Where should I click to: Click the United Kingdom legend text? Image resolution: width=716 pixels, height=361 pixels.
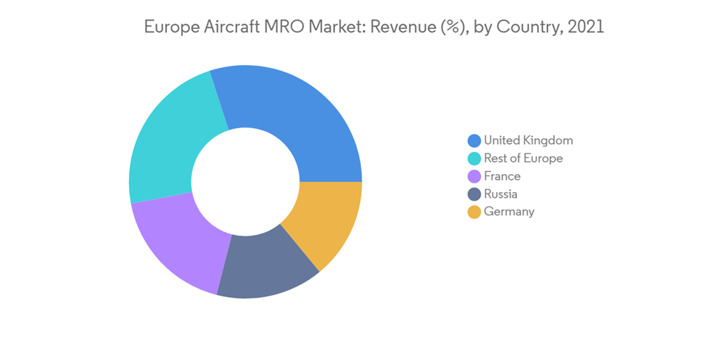pos(528,140)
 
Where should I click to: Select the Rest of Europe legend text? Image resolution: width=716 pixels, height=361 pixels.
pos(523,158)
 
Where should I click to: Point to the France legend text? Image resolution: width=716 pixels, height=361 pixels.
pos(502,176)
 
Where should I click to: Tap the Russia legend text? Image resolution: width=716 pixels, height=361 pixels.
pos(500,194)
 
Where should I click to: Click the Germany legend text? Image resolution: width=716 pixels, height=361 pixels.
pos(509,212)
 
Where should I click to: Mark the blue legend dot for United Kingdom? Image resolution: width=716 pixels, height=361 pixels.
pos(474,141)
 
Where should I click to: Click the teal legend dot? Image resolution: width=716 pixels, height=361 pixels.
pos(474,159)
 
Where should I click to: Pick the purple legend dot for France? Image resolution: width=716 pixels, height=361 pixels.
pos(474,177)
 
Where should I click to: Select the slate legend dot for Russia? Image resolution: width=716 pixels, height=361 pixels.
pos(474,195)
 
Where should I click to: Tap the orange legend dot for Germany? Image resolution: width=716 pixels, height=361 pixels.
pos(474,213)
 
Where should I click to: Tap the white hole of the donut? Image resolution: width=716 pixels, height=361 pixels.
pos(246,182)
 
